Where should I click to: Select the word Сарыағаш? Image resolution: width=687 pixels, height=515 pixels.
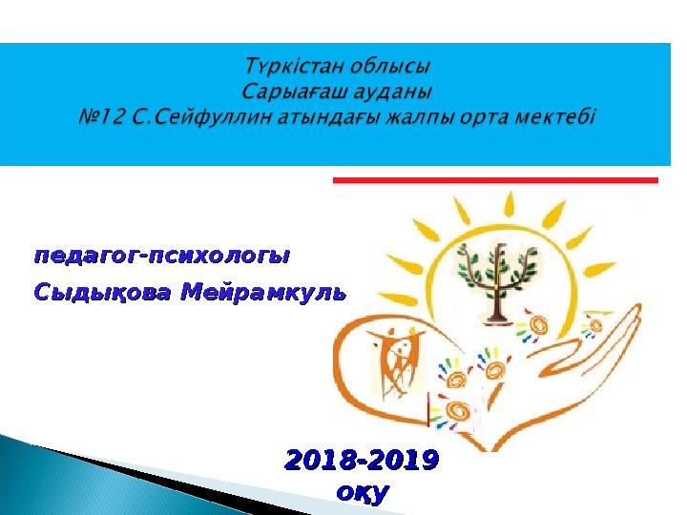click(297, 92)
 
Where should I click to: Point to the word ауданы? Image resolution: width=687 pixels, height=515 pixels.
click(396, 92)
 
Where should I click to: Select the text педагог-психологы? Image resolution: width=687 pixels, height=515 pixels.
click(162, 256)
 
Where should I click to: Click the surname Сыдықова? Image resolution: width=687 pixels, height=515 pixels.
click(102, 292)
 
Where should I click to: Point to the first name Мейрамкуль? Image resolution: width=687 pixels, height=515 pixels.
click(263, 292)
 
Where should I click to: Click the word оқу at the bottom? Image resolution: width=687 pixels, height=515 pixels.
click(363, 494)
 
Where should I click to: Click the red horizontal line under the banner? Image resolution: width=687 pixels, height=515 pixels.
click(495, 180)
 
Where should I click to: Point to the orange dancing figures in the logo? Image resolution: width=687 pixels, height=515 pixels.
click(397, 361)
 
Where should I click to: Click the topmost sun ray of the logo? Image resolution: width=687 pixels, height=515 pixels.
click(509, 204)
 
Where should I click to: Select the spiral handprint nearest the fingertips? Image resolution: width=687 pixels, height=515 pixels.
click(595, 326)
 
